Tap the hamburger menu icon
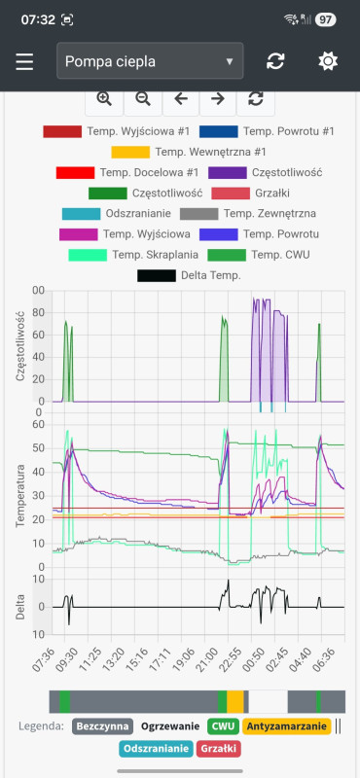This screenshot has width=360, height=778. tap(24, 62)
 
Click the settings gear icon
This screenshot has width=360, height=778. tap(328, 62)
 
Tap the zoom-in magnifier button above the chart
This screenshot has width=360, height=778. tap(104, 98)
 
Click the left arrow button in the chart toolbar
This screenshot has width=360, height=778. tap(180, 98)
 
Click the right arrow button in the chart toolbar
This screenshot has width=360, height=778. tap(218, 98)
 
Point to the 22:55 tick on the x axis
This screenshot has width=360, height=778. tap(230, 654)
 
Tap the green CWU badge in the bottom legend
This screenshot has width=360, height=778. tap(223, 725)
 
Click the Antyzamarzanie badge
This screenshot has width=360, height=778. tap(286, 725)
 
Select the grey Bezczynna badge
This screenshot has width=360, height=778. tap(102, 725)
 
